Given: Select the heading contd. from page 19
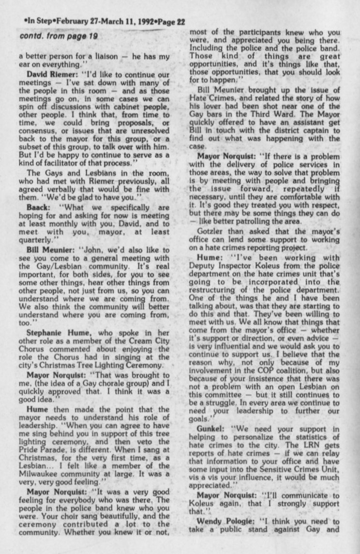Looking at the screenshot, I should (53, 37).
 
